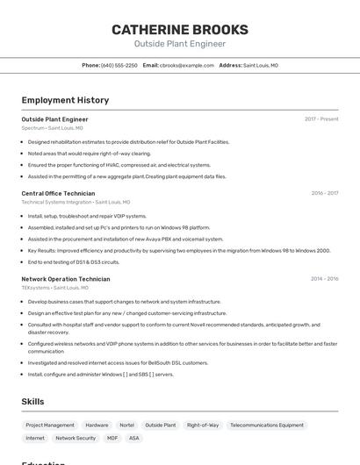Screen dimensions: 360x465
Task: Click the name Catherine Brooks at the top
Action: [x=180, y=30]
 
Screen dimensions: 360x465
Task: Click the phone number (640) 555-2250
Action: [x=119, y=65]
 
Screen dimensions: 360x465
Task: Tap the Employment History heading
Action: [x=65, y=100]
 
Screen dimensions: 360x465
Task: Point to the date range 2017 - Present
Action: [x=321, y=119]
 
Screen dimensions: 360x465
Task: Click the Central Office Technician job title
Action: [x=58, y=193]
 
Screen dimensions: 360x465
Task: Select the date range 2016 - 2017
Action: [x=324, y=193]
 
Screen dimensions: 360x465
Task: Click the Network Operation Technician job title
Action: [x=66, y=279]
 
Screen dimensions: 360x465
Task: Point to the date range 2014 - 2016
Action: [x=324, y=279]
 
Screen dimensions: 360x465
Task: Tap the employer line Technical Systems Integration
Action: [x=76, y=202]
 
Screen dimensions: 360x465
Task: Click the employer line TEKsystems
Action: [x=54, y=288]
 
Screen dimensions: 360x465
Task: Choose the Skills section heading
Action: [x=33, y=401]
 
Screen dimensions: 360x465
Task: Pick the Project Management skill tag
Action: [x=50, y=425]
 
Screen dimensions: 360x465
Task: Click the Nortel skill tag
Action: [x=127, y=425]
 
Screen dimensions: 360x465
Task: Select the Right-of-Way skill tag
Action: [x=203, y=425]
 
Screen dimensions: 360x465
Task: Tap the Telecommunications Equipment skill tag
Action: [x=267, y=425]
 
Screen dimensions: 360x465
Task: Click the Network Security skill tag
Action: [x=76, y=438]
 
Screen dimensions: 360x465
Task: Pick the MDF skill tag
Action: [x=112, y=438]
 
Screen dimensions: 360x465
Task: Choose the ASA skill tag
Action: [x=134, y=438]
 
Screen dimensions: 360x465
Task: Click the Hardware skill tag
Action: [x=97, y=425]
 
